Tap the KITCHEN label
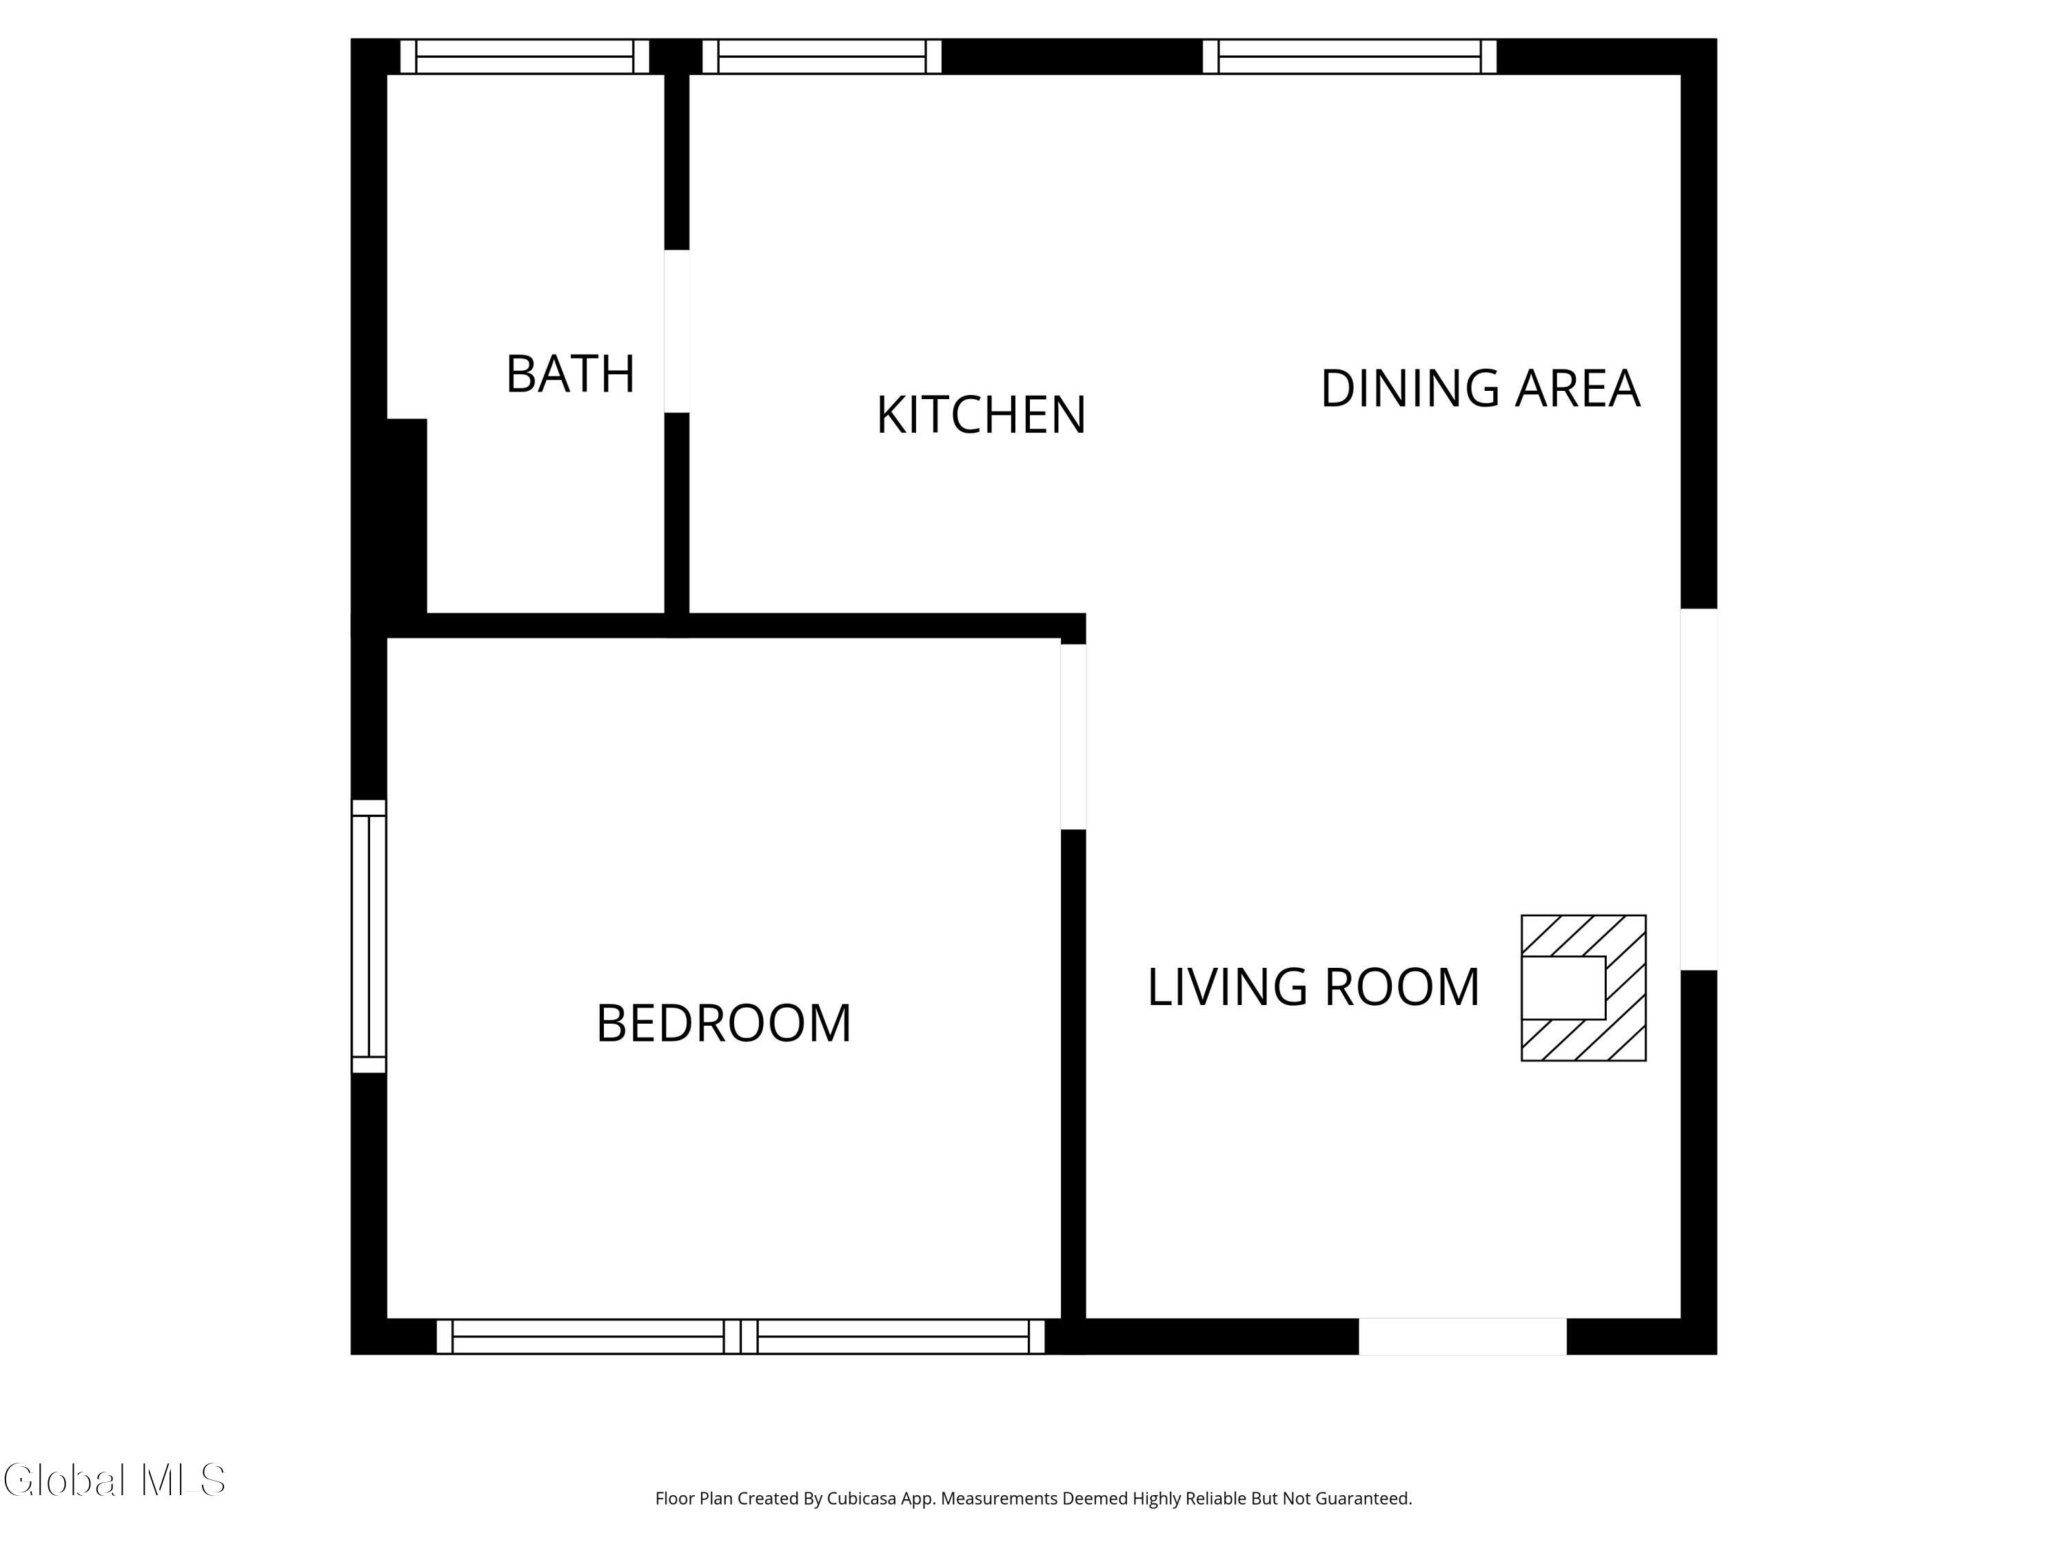point(981,415)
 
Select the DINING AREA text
point(1480,389)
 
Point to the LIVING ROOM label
point(1314,987)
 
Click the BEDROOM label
point(724,1023)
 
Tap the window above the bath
point(525,56)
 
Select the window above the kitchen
point(822,56)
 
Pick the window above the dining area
point(1349,56)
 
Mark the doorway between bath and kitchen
point(677,331)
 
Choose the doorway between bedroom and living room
point(1073,737)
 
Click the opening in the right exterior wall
point(1699,789)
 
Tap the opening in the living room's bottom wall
point(1462,1336)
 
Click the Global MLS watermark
point(114,1480)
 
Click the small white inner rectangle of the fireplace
point(1563,987)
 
